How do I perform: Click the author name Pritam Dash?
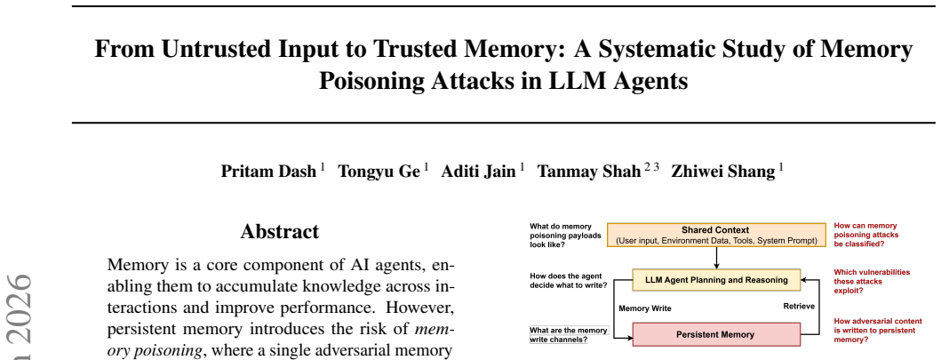(268, 172)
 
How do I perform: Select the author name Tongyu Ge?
(379, 172)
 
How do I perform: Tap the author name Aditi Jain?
(478, 172)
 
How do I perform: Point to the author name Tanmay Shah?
(589, 172)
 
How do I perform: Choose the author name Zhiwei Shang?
(723, 172)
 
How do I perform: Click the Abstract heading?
(280, 232)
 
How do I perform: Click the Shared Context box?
(716, 236)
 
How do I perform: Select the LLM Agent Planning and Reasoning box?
(716, 280)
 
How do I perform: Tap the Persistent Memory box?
(716, 334)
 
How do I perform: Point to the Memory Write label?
(645, 308)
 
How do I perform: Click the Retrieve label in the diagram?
(799, 306)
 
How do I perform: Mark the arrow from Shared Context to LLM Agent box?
(716, 258)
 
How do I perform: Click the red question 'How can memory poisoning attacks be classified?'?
(860, 236)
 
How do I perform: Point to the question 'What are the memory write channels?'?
(569, 335)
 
